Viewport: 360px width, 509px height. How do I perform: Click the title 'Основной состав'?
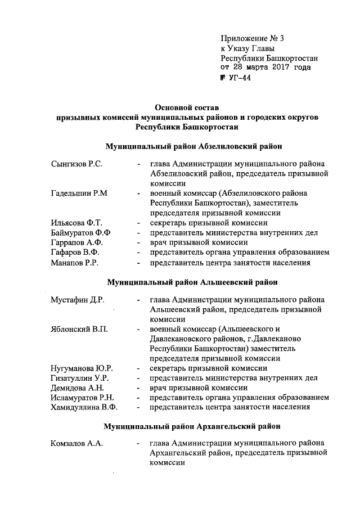[187, 107]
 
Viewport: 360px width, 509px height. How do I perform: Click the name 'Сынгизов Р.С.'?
[76, 164]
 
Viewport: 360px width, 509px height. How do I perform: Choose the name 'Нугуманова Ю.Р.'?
[82, 368]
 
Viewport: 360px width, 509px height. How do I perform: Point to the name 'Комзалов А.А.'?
[76, 444]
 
